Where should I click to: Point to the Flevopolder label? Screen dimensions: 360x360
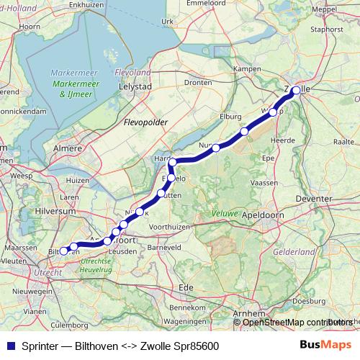(x=145, y=122)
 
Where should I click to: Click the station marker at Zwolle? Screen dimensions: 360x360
(x=296, y=91)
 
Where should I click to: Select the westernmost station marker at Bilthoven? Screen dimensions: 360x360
(x=63, y=251)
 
